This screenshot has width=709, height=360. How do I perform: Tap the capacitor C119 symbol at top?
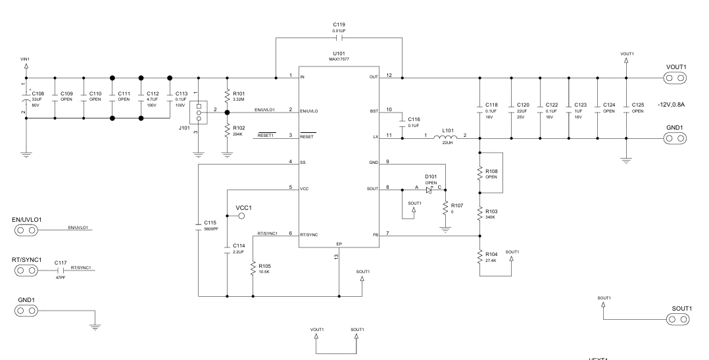339,38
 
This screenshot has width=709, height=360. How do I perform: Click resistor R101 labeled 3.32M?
227,95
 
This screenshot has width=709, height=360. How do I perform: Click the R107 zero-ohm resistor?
445,209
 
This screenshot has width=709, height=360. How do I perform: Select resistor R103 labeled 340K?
479,213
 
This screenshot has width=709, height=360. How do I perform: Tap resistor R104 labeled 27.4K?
479,257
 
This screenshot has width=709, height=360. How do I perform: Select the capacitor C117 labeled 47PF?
61,270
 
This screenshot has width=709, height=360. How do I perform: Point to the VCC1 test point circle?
241,215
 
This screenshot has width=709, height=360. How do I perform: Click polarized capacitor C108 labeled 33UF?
26,98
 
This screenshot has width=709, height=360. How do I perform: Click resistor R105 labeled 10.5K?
253,269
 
